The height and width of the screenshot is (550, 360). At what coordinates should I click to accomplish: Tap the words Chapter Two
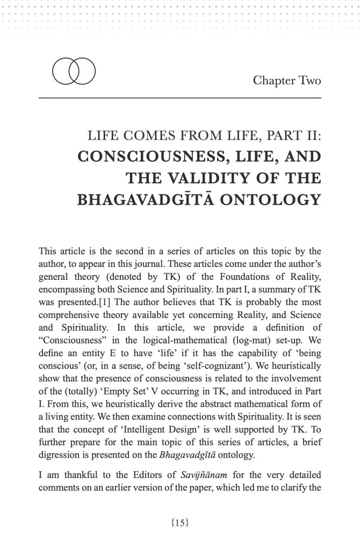click(287, 81)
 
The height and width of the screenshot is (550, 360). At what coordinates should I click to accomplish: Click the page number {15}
click(180, 520)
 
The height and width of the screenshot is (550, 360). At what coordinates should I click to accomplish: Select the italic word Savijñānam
click(163, 473)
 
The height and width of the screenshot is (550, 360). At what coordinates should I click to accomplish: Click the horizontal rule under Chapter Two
click(180, 98)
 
